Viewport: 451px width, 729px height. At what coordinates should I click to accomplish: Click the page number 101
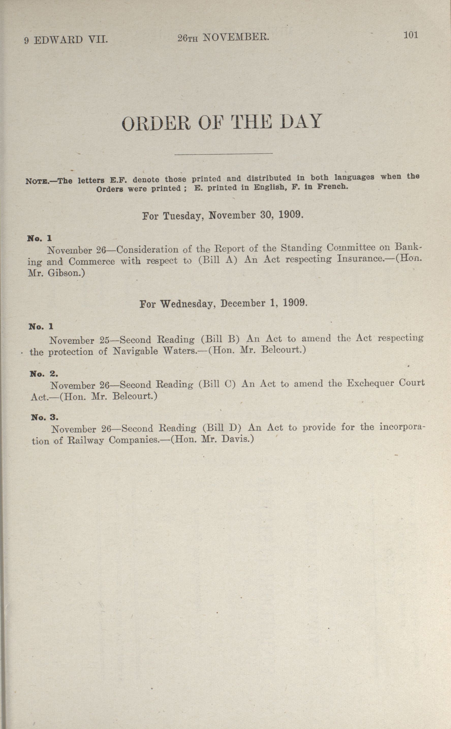[411, 35]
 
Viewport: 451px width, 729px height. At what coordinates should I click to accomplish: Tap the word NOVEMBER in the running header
[236, 37]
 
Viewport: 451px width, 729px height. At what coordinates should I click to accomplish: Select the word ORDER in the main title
[156, 123]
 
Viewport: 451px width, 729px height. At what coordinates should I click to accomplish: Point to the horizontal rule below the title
[223, 153]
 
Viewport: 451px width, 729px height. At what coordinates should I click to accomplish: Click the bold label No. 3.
[44, 417]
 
